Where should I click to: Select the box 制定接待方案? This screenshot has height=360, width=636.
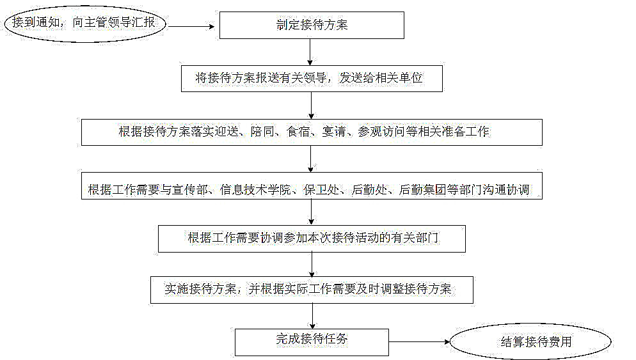click(x=312, y=26)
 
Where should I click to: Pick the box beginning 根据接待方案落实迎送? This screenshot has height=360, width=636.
click(x=312, y=132)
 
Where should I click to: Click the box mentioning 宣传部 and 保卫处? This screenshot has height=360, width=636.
click(x=312, y=190)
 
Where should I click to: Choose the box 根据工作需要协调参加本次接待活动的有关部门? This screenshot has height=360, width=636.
click(x=312, y=238)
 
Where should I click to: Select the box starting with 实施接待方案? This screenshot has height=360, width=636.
click(x=312, y=289)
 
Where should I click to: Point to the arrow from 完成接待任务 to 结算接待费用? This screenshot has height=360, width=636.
click(x=419, y=341)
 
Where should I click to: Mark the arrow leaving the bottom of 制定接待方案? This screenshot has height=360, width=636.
click(x=311, y=52)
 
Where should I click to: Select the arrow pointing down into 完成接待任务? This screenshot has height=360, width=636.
click(x=312, y=315)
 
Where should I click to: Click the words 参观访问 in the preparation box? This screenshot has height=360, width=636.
click(x=382, y=132)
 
